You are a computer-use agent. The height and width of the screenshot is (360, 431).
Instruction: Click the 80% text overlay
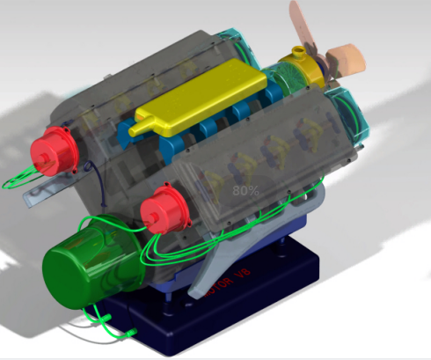tap(245, 189)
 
